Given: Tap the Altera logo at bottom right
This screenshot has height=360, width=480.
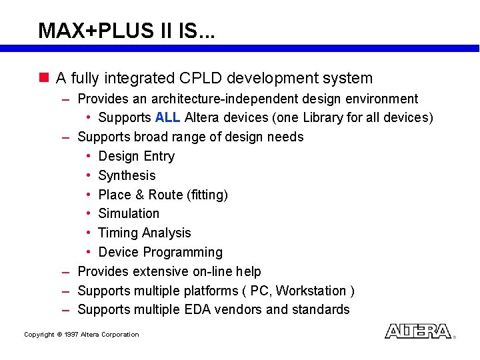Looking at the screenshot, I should (418, 331).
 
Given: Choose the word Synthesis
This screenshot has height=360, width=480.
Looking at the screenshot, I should (127, 175).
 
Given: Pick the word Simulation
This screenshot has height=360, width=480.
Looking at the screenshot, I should (129, 214).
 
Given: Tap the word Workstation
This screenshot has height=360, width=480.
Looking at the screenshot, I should (311, 291).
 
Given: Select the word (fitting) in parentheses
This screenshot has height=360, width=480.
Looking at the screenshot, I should (207, 195).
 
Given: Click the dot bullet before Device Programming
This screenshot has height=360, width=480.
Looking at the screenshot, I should (88, 252).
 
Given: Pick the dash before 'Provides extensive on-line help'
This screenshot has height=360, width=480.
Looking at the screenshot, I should (66, 272).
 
